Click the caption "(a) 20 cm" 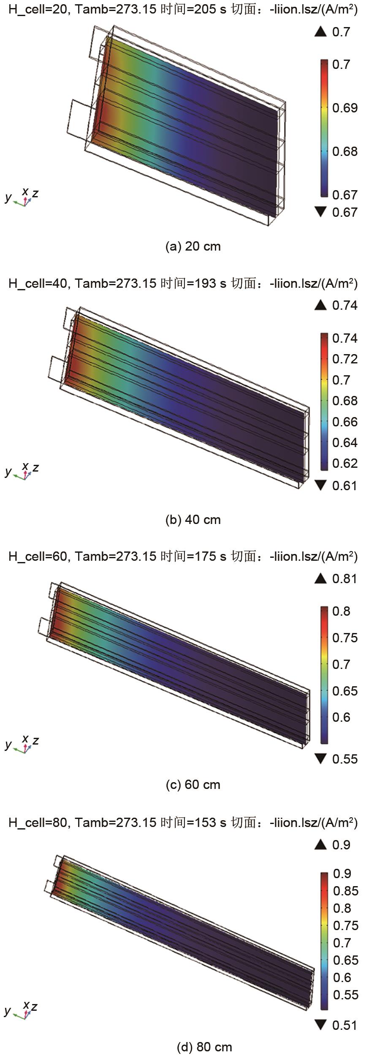(193, 246)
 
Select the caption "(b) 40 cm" (193, 519)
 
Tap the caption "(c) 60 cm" (193, 785)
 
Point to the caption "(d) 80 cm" (204, 1047)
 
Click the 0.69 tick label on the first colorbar (345, 108)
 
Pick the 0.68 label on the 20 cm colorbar (345, 151)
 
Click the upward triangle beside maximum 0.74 (320, 305)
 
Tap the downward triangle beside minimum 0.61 (320, 486)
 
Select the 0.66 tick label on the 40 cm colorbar (345, 422)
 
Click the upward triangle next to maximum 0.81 (320, 578)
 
